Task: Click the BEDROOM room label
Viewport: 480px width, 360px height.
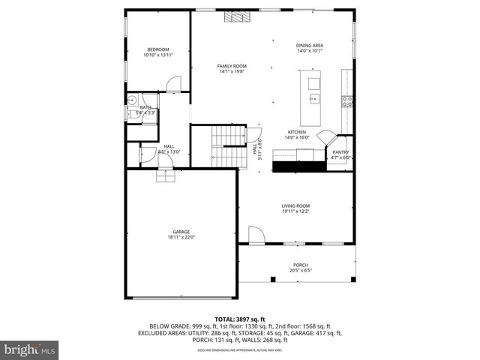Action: pyautogui.click(x=157, y=49)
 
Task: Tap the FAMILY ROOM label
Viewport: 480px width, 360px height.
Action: pyautogui.click(x=232, y=66)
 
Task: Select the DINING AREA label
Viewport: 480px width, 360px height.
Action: pyautogui.click(x=310, y=46)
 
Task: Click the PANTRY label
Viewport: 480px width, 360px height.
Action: pyautogui.click(x=341, y=152)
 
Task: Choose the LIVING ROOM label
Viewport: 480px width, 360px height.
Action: pyautogui.click(x=295, y=205)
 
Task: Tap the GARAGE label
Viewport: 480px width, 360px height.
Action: pyautogui.click(x=181, y=232)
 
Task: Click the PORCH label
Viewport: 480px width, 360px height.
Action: pyautogui.click(x=300, y=265)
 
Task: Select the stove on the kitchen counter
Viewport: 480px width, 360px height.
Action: pyautogui.click(x=348, y=100)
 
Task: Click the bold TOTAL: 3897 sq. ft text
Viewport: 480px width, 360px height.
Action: pyautogui.click(x=239, y=319)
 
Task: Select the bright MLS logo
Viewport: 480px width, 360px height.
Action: pyautogui.click(x=30, y=349)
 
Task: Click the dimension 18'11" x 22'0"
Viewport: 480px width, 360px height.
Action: pyautogui.click(x=181, y=238)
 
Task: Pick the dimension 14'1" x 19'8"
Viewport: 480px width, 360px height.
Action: pyautogui.click(x=232, y=72)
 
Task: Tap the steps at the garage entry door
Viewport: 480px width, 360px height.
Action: pyautogui.click(x=164, y=176)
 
